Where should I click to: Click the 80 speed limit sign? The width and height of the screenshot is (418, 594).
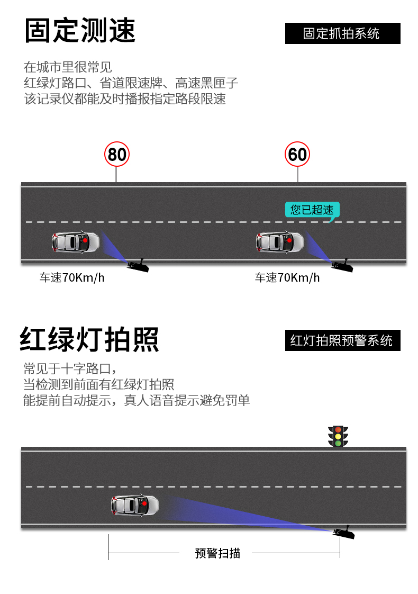pos(116,154)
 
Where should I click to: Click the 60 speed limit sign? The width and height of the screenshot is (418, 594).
pos(297,154)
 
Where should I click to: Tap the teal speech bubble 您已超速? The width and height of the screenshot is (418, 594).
pos(312,210)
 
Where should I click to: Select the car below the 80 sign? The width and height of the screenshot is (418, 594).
pos(75,242)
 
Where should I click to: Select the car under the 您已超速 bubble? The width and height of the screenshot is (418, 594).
pos(280,242)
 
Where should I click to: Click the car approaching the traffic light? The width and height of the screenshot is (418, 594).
pos(135,505)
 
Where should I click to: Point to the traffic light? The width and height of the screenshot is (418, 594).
pos(338,436)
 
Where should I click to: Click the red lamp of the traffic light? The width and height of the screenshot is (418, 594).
pos(338,430)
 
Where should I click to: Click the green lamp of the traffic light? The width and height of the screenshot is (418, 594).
pos(338,443)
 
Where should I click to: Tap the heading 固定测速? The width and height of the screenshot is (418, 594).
pos(80,30)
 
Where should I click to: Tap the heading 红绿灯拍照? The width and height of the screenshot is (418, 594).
pos(89,339)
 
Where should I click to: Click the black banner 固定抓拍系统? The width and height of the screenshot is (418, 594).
pos(343,33)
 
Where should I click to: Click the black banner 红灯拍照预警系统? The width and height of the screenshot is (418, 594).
pos(343,340)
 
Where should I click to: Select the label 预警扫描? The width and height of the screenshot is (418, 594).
pos(217,553)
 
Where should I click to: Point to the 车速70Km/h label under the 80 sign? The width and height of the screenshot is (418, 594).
pos(72,278)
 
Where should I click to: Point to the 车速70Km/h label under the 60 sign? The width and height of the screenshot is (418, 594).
pos(287,278)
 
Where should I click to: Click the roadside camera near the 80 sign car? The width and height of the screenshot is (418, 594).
pos(138,265)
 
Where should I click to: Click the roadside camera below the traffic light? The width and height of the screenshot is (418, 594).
pos(344,532)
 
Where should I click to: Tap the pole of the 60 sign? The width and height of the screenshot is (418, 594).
pos(297,175)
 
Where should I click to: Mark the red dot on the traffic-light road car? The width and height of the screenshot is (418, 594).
pos(144,503)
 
